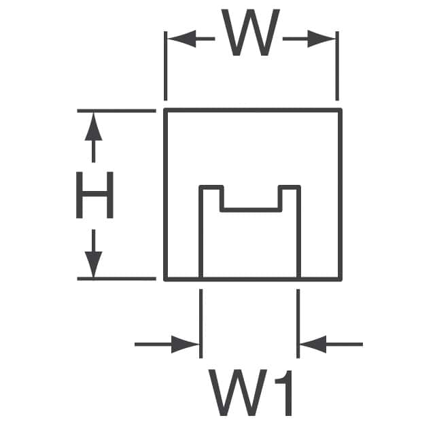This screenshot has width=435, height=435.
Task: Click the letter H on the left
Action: tap(94, 195)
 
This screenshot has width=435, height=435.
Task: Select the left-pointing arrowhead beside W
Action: tap(179, 39)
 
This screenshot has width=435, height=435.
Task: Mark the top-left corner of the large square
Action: tap(166, 109)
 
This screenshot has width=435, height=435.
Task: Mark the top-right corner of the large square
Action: tap(340, 109)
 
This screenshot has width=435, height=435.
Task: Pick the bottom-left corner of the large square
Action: tap(166, 279)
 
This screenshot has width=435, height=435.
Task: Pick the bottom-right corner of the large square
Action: tap(340, 279)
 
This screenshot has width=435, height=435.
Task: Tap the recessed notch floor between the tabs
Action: tap(250, 209)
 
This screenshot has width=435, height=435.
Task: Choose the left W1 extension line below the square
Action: tap(201, 319)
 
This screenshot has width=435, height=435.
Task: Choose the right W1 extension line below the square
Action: tap(298, 319)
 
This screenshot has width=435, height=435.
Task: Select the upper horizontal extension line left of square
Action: tap(116, 110)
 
